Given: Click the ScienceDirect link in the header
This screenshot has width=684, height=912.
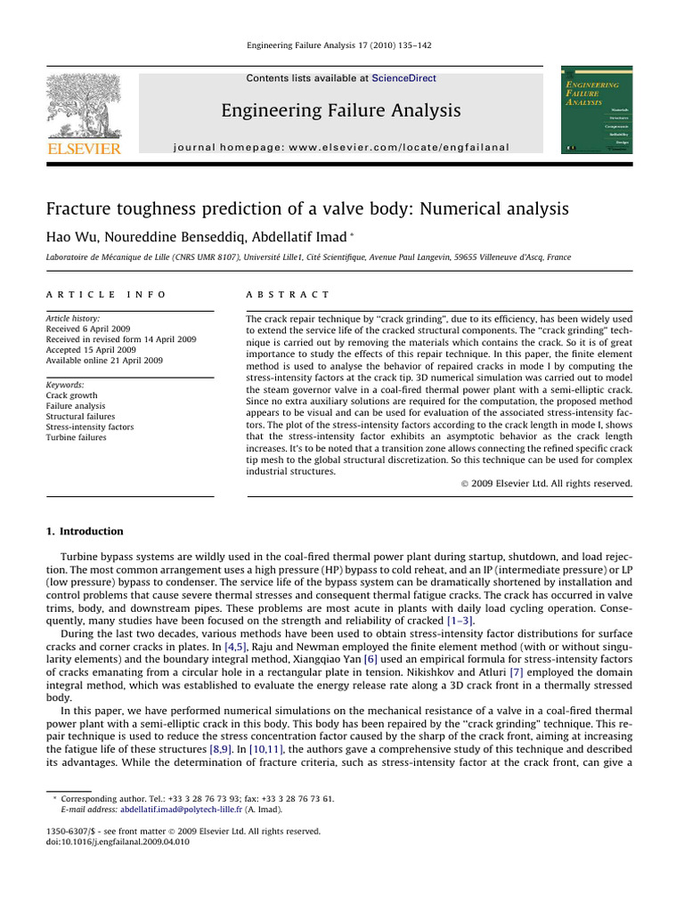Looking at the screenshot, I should click(403, 78).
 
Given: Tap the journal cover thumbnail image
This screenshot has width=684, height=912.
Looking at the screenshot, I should click(596, 110).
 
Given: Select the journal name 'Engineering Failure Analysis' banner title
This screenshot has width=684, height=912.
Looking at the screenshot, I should click(341, 110).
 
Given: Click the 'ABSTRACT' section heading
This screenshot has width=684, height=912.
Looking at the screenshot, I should click(288, 294).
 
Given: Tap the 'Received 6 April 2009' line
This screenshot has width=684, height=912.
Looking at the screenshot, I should click(88, 329).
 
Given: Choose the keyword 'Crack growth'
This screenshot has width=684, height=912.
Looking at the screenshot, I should click(71, 395).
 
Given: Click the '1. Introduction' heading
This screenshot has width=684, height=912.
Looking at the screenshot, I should click(85, 532).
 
